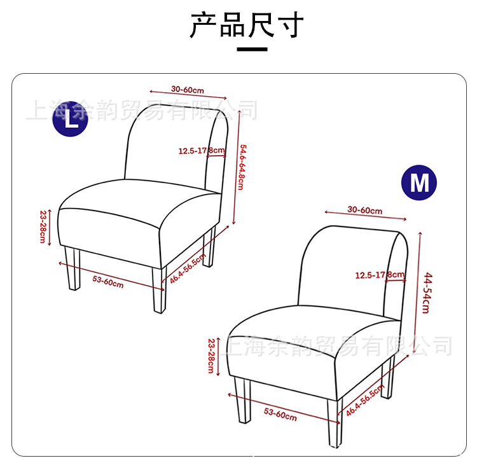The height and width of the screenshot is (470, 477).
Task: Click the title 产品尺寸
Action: pos(246,25)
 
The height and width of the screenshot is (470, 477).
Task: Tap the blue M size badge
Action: pos(419,183)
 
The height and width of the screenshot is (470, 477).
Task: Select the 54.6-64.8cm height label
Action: pos(241,167)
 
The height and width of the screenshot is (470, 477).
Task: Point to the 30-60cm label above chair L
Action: pos(187,90)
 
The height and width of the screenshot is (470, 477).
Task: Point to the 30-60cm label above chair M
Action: pos(365,211)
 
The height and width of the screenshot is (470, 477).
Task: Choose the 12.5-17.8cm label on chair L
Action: pos(202,151)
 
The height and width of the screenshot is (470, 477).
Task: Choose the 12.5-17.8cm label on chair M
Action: pos(380,275)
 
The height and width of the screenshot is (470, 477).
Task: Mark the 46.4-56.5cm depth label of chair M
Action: pos(365,401)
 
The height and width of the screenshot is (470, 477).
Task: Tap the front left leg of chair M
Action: pos(242,400)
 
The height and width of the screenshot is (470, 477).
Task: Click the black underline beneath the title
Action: pos(252,50)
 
